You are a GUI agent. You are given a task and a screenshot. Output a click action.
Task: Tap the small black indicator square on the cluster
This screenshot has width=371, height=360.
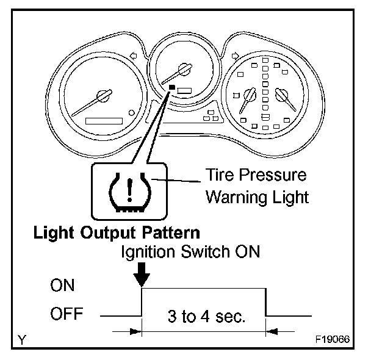[x=173, y=88]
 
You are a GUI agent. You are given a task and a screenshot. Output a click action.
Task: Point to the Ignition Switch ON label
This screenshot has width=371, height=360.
[x=192, y=251]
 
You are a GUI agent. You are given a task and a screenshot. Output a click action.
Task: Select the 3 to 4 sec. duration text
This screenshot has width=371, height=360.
[x=204, y=317]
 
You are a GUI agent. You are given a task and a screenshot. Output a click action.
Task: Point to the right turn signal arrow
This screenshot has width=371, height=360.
[x=234, y=56]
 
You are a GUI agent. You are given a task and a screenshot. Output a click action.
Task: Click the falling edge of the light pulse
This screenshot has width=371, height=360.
[x=266, y=303]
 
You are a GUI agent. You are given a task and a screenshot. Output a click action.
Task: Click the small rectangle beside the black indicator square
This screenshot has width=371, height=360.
[x=185, y=90]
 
